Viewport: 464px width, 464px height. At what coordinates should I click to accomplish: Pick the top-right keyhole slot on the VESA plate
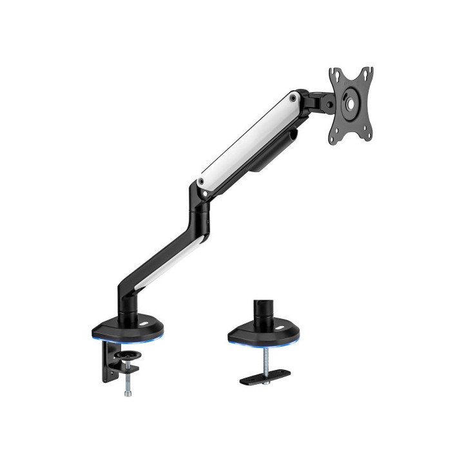(x=368, y=73)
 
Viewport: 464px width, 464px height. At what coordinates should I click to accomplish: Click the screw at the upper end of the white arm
(x=293, y=99)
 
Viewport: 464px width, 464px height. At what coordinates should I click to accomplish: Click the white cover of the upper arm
(x=248, y=139)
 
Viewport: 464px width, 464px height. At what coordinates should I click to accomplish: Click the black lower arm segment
(x=161, y=248)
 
